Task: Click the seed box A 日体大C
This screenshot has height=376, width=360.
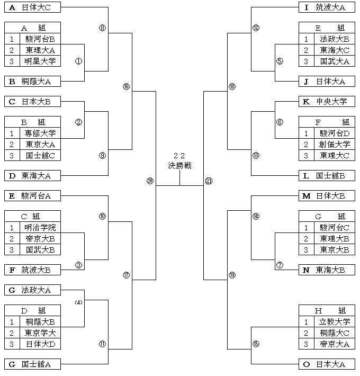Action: click(x=33, y=7)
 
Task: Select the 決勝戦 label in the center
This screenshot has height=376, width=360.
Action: click(x=180, y=166)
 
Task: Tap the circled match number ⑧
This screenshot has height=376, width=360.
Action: click(x=102, y=28)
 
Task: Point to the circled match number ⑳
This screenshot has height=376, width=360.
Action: click(x=150, y=181)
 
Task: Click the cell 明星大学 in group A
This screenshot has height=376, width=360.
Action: click(x=40, y=61)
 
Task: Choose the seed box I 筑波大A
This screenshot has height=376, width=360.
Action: click(x=327, y=7)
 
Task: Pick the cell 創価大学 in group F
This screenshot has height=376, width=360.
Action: click(x=335, y=145)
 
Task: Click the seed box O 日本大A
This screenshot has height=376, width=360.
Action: click(x=327, y=364)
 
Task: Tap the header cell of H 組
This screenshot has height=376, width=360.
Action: click(x=327, y=310)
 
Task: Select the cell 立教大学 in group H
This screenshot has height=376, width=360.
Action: click(x=335, y=321)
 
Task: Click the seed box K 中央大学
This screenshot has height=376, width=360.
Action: click(x=327, y=102)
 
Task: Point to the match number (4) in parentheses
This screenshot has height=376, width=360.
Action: click(x=78, y=302)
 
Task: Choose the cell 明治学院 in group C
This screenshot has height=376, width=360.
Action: click(x=40, y=227)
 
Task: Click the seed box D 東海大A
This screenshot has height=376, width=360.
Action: click(x=33, y=176)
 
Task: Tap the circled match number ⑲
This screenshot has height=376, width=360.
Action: click(x=232, y=275)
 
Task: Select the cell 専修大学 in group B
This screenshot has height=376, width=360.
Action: click(x=40, y=133)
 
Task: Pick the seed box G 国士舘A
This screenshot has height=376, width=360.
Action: click(x=33, y=364)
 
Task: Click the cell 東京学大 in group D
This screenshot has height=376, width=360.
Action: click(x=40, y=333)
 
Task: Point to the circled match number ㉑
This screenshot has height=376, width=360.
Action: click(x=209, y=181)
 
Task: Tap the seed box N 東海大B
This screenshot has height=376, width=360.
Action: click(x=327, y=270)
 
